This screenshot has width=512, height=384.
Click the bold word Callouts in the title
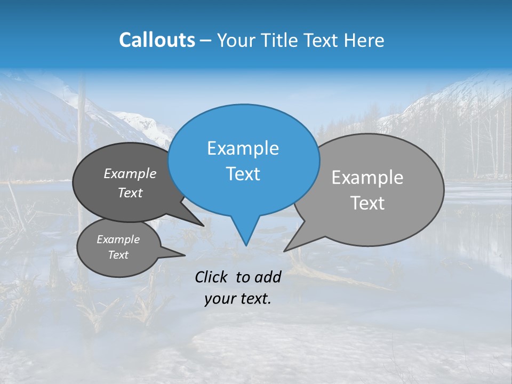tap(157, 40)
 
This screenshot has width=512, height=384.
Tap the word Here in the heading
tap(365, 40)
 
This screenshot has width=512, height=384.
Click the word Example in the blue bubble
tap(243, 148)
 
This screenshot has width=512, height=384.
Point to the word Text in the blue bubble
tap(243, 174)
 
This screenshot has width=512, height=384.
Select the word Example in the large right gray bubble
tap(367, 178)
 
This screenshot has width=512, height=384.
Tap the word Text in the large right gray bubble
tap(367, 203)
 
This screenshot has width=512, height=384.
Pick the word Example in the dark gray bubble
tap(130, 174)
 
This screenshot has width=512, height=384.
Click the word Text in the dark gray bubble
tap(130, 193)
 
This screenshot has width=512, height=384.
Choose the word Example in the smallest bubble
tap(118, 239)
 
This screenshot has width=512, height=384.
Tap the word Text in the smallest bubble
tap(118, 255)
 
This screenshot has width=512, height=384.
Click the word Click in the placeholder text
tap(212, 277)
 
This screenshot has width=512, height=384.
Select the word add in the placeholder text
tap(267, 277)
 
